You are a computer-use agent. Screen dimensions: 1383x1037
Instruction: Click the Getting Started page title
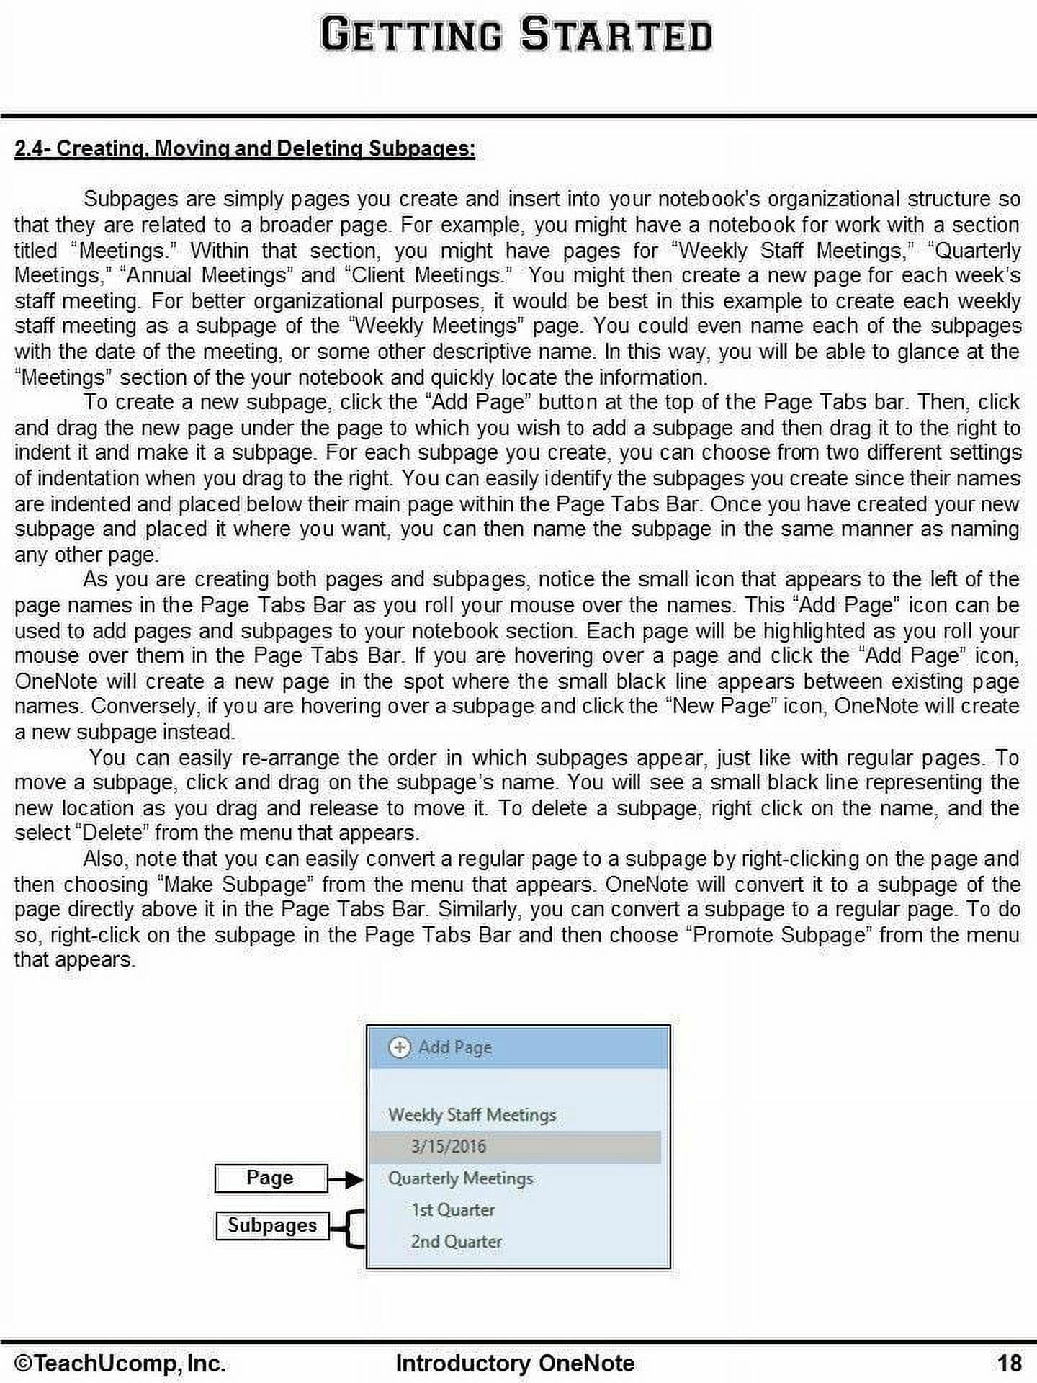516,35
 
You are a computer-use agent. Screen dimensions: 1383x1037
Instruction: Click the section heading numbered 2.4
244,148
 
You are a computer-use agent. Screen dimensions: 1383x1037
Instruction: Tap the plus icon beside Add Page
399,1047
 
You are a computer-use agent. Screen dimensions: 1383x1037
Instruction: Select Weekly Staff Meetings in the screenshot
472,1114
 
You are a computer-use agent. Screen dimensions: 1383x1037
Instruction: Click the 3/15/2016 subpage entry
448,1146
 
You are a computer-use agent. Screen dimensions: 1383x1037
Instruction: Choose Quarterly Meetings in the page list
460,1178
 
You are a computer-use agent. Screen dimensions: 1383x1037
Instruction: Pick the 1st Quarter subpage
452,1210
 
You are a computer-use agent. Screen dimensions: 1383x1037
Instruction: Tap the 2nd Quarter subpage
456,1242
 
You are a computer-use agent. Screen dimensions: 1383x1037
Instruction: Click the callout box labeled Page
270,1178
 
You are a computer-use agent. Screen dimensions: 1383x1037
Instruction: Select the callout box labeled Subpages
271,1225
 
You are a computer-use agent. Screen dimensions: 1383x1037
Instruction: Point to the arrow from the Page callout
346,1179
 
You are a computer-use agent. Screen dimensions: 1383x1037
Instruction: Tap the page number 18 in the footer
1009,1363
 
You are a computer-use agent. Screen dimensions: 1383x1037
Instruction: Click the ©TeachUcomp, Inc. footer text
120,1363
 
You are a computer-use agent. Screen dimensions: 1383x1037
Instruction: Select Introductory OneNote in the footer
515,1363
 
